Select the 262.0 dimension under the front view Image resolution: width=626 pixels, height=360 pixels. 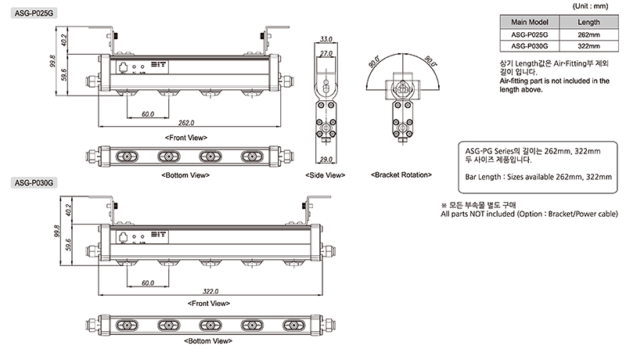[186, 123]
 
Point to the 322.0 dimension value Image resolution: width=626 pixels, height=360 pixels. [209, 290]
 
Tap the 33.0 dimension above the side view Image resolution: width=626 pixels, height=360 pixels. [327, 38]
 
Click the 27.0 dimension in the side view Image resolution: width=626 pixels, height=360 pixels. [327, 54]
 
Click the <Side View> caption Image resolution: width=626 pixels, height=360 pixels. [326, 175]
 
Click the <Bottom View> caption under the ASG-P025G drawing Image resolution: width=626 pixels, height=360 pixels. [185, 175]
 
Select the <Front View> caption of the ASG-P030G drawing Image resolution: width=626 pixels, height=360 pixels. [208, 303]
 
